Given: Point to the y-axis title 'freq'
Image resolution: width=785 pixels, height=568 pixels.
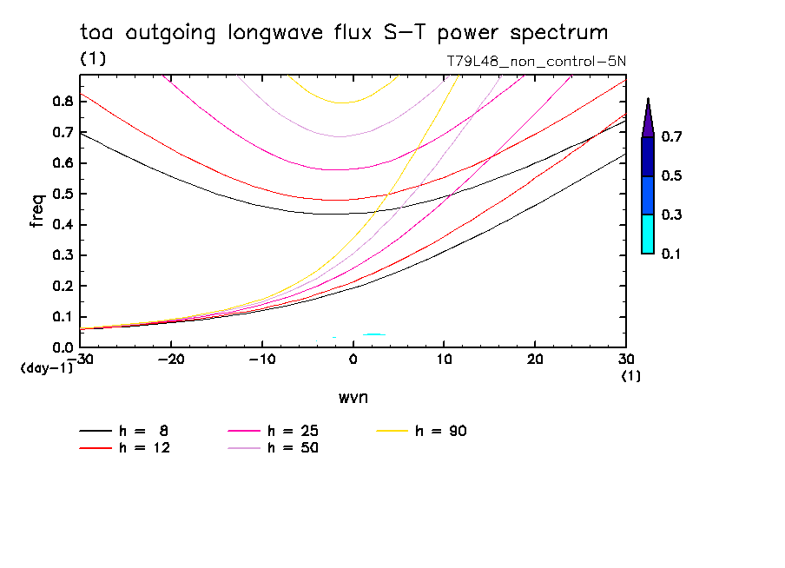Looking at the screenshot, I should point(37,211).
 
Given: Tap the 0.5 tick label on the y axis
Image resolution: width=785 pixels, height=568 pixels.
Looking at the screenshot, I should point(63,194).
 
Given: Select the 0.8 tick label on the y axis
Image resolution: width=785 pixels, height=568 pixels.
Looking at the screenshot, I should point(63,101).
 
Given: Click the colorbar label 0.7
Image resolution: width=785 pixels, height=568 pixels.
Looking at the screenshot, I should point(671,137).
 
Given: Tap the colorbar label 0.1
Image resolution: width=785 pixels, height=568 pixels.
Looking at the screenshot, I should point(671,254).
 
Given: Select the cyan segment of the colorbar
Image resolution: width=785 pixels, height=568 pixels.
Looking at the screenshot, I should point(648,234).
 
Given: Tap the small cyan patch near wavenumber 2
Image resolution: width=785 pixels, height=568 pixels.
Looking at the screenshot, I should point(373,334).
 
